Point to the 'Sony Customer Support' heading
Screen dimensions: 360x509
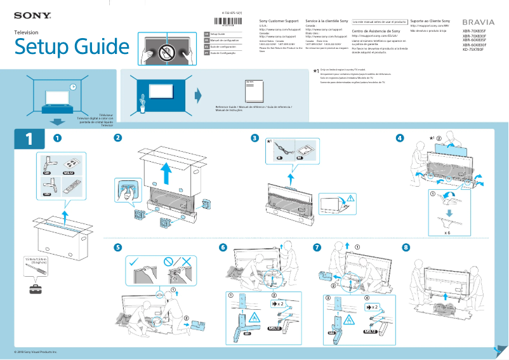[279, 22]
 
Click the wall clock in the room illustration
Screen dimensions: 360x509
[73, 87]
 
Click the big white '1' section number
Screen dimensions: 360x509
[29, 140]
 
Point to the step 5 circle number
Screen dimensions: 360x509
[117, 247]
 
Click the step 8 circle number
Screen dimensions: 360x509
[406, 247]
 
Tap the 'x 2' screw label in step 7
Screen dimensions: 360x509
[371, 307]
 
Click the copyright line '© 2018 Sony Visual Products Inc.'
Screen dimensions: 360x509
[36, 352]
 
